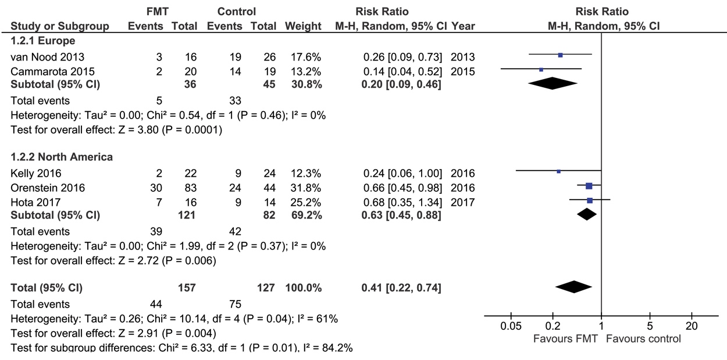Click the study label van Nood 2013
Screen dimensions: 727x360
[x=47, y=57]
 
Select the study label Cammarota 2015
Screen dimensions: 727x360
[x=52, y=72]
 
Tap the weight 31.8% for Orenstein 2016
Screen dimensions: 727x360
[x=305, y=188]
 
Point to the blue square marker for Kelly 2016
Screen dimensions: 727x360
[x=558, y=172]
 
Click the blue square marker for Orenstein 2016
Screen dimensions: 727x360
[x=589, y=186]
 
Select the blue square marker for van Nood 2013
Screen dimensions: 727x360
[x=560, y=55]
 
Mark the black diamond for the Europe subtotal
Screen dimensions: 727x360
[x=553, y=83]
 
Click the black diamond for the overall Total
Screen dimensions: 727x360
[x=574, y=287]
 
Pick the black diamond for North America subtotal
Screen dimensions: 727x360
[x=587, y=214]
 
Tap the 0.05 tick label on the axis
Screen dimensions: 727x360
[x=511, y=326]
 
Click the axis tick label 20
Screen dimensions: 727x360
[x=692, y=326]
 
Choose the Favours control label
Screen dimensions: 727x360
[x=643, y=339]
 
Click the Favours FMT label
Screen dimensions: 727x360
[x=565, y=339]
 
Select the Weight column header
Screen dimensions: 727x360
[x=303, y=26]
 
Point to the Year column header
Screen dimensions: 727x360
[x=463, y=26]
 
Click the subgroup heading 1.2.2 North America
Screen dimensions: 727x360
[x=62, y=157]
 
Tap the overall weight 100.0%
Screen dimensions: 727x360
[x=304, y=288]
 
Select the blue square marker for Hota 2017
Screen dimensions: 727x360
[x=590, y=201]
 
